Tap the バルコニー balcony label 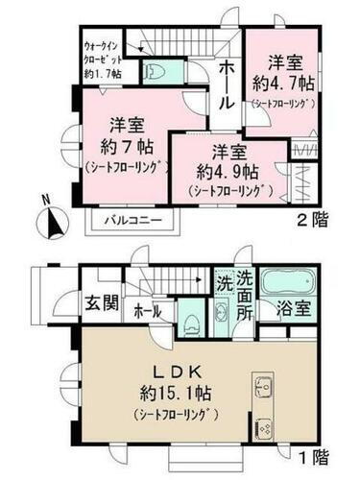click(x=133, y=220)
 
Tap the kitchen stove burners click(x=264, y=426)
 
